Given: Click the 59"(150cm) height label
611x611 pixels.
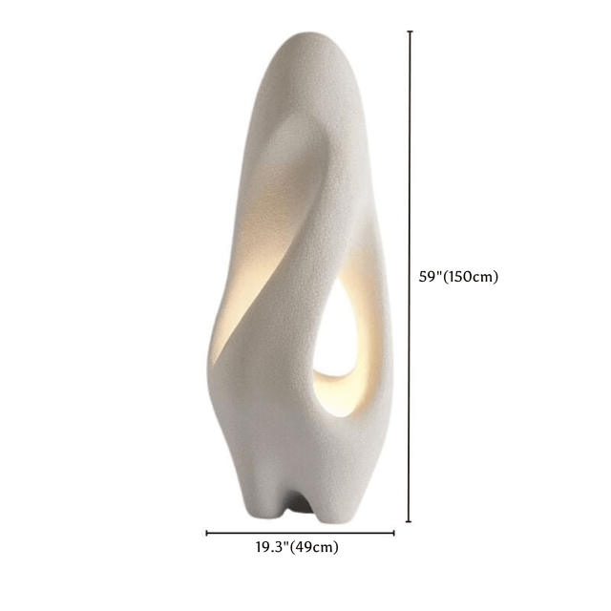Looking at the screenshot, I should (458, 277).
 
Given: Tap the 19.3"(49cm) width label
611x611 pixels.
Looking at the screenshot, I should (296, 547).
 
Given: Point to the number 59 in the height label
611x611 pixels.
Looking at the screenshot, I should (429, 277).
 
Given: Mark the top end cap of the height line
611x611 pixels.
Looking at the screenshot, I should (410, 32).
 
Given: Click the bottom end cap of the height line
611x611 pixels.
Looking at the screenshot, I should (410, 521).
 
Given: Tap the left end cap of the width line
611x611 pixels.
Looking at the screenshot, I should (207, 534).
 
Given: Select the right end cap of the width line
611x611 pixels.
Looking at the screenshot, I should (394, 534).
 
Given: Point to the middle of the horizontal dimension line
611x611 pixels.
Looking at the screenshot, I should (301, 534).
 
